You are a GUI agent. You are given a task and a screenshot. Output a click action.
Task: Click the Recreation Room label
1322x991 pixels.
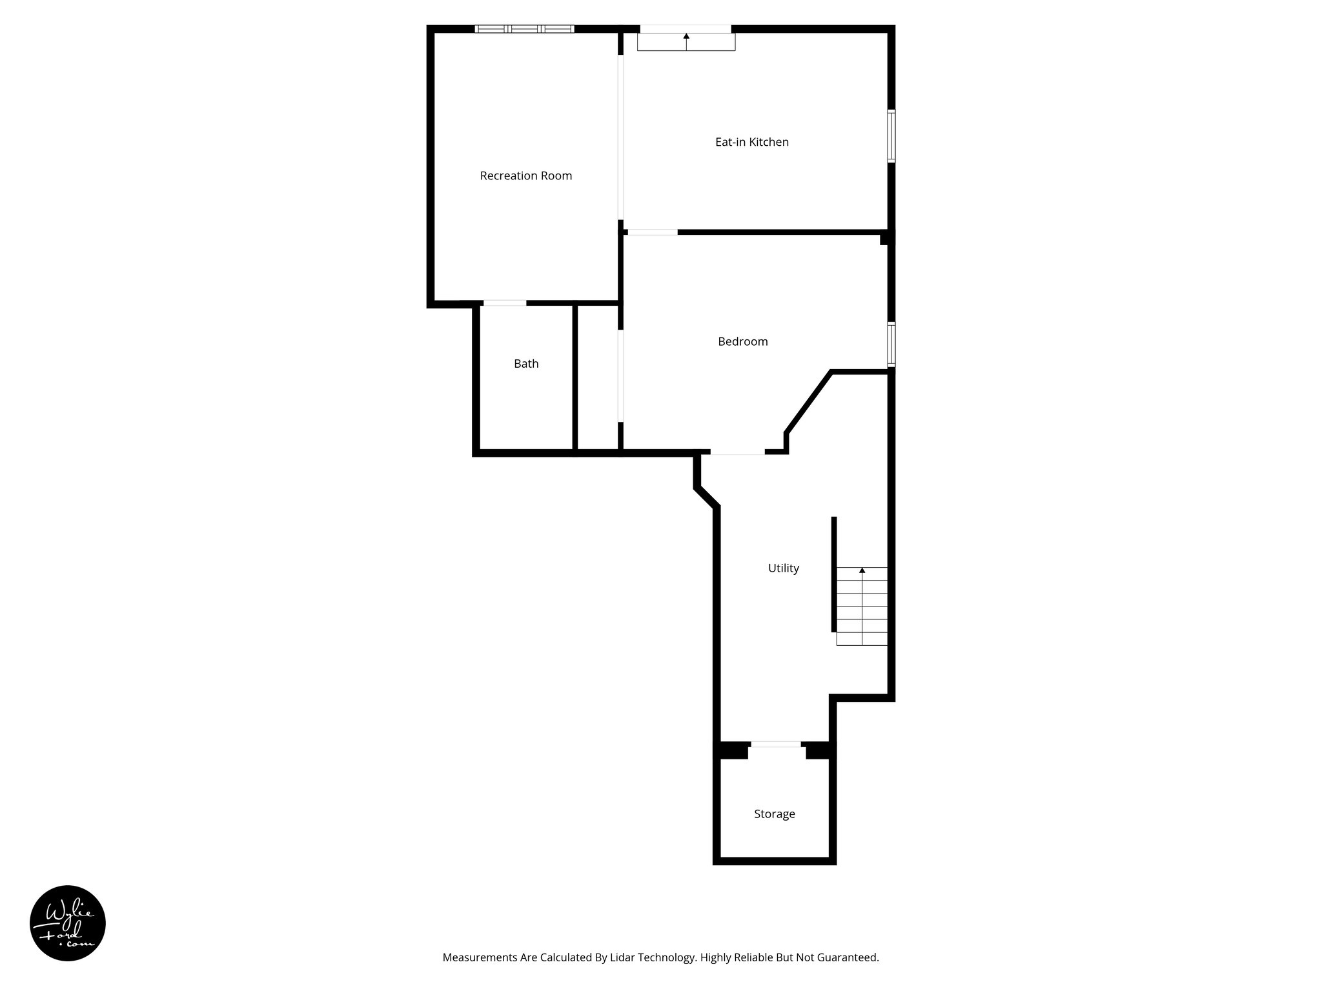tap(525, 175)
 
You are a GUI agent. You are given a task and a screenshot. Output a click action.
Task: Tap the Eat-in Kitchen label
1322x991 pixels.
tap(751, 142)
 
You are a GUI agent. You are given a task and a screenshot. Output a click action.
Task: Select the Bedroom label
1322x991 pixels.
tap(742, 341)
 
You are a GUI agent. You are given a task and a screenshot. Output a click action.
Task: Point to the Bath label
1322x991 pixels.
tap(526, 364)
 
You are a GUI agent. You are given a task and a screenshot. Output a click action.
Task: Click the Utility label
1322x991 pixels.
tap(783, 568)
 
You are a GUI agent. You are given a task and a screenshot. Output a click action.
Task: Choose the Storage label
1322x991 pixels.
tap(774, 814)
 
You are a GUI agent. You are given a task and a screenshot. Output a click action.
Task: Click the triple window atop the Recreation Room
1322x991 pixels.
tap(524, 29)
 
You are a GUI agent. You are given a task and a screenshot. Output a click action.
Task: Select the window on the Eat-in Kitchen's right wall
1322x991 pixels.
tap(891, 135)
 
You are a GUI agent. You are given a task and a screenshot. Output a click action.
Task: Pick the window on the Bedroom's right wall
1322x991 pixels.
tap(891, 345)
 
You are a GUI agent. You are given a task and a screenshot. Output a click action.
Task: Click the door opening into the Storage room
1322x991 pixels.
tap(776, 745)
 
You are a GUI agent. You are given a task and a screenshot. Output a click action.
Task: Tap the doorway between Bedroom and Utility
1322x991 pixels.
tap(737, 453)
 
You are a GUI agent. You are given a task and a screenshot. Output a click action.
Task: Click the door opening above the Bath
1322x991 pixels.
tap(505, 303)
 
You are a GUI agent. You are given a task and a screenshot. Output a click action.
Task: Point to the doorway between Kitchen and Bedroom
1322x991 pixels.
tap(652, 232)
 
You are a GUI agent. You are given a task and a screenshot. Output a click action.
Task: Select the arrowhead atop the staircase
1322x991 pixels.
tap(862, 570)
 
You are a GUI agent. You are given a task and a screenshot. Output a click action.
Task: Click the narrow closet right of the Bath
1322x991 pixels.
tap(597, 377)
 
